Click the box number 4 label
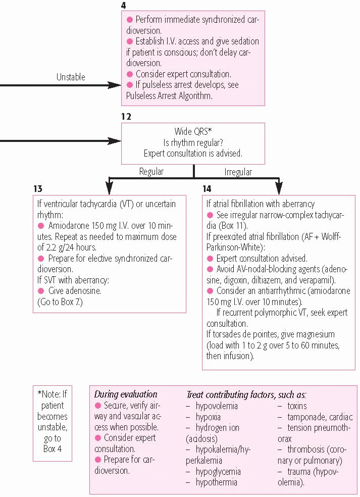point(123,6)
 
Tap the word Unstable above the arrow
point(71,77)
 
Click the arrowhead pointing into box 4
point(115,85)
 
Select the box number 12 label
point(126,117)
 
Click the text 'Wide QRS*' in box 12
point(193,131)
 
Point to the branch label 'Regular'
point(151,172)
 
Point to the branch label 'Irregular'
point(238,172)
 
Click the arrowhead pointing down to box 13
point(109,188)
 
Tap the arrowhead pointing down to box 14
point(279,188)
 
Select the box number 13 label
point(38,189)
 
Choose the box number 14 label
point(207,189)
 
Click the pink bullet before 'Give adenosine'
point(40,290)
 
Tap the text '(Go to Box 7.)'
point(60,302)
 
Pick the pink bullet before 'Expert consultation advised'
point(210,258)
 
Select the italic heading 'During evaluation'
point(126,394)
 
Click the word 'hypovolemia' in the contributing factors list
point(217,406)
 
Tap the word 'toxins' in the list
point(297,406)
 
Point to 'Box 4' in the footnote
point(53,449)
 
